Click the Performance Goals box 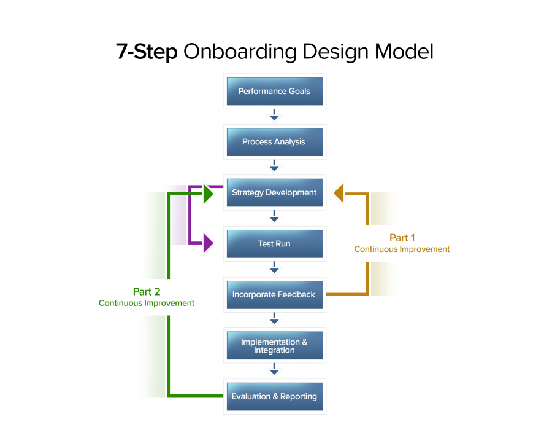coord(274,92)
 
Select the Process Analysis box coord(274,142)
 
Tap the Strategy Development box coord(274,193)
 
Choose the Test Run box coord(274,244)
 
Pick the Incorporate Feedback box coord(274,295)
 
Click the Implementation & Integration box coord(274,346)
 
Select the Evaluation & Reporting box coord(274,397)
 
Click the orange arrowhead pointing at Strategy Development coord(339,193)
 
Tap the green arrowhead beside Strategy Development coord(208,194)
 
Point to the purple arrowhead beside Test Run coord(208,244)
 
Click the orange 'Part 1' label coord(402,238)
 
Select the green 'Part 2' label coord(147,292)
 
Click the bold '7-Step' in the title coord(147,52)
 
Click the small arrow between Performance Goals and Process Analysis coord(274,116)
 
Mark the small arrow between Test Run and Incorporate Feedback coord(274,268)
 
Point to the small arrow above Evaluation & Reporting coord(274,370)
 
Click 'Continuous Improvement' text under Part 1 coord(402,249)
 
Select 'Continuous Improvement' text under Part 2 coord(147,304)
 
